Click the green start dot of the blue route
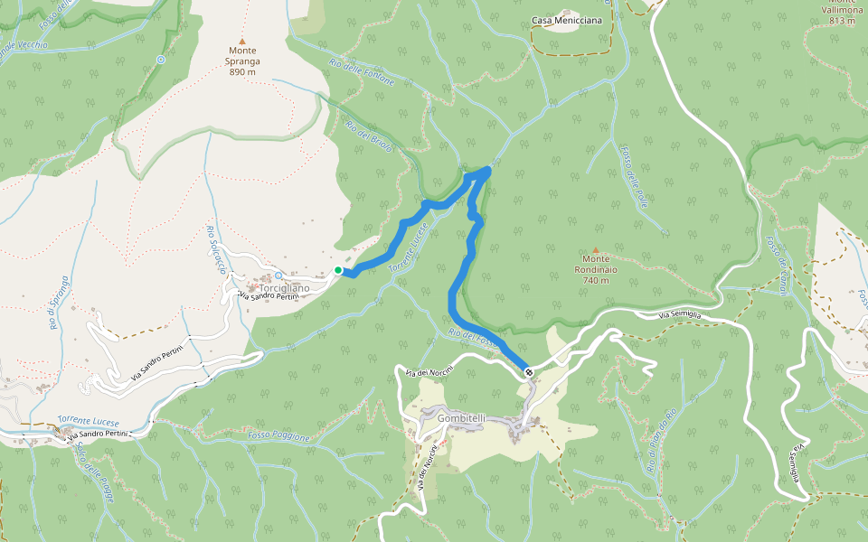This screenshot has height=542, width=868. [338, 269]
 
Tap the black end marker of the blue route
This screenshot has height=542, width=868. [528, 372]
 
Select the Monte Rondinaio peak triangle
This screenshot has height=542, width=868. [596, 250]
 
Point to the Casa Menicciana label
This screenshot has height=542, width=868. [567, 20]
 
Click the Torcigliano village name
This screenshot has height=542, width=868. [284, 288]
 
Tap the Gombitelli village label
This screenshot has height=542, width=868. [461, 418]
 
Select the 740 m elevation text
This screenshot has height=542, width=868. [596, 280]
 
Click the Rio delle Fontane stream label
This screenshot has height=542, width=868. [362, 72]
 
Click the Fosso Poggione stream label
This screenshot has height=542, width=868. [278, 436]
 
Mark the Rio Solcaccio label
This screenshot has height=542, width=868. [215, 249]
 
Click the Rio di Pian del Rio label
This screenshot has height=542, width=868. [661, 442]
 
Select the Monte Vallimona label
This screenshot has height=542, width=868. [842, 8]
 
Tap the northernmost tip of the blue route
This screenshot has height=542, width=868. [488, 169]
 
